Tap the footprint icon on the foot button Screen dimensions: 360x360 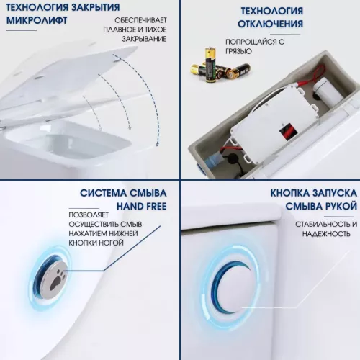point(52,275)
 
